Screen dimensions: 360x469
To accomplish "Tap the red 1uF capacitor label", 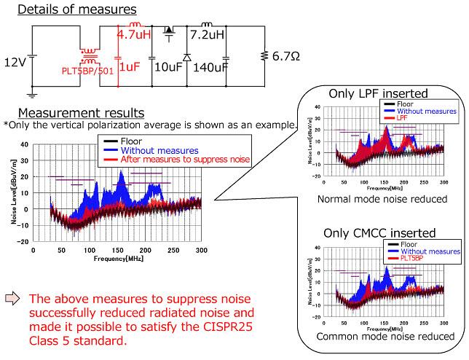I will (130, 66).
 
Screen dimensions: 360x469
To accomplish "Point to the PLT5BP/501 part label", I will (88, 71).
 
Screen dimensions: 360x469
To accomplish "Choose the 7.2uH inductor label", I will (208, 34).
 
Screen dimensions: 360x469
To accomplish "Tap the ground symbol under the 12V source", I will (31, 93).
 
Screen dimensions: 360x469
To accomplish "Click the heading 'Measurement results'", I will (82, 113).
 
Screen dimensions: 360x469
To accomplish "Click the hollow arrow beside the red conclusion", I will (14, 297).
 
